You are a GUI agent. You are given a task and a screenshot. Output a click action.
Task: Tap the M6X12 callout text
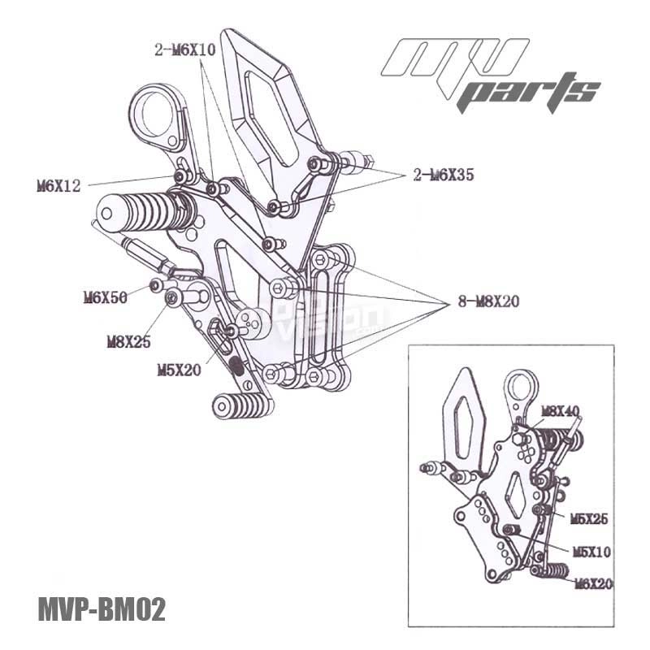(58, 186)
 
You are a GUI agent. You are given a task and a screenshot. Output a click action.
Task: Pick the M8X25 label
(128, 342)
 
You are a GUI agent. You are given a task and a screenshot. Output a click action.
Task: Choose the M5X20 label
(177, 370)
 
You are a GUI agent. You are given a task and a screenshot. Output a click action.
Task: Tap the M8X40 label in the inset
(560, 412)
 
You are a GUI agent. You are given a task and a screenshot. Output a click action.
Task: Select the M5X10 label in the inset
(591, 552)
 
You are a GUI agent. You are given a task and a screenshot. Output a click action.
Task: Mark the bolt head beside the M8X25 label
(172, 301)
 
